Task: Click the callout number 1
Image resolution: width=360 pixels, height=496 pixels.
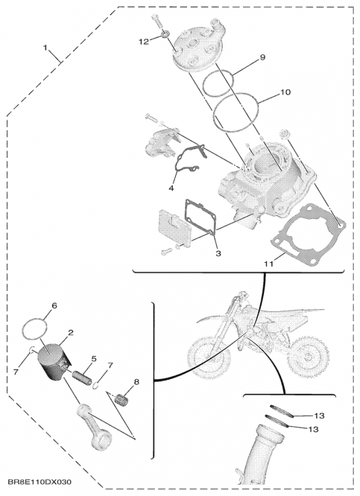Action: pos(45,48)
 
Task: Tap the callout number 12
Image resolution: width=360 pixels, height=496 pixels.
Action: pos(144,42)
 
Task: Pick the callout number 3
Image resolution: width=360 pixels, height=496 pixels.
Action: pos(217,254)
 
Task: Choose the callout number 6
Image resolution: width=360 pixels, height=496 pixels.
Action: pos(54,306)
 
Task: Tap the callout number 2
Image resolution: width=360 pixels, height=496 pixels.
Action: pos(71,332)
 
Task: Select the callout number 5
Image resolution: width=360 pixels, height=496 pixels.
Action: pos(94,358)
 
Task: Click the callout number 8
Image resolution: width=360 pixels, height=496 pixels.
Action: pos(137,382)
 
